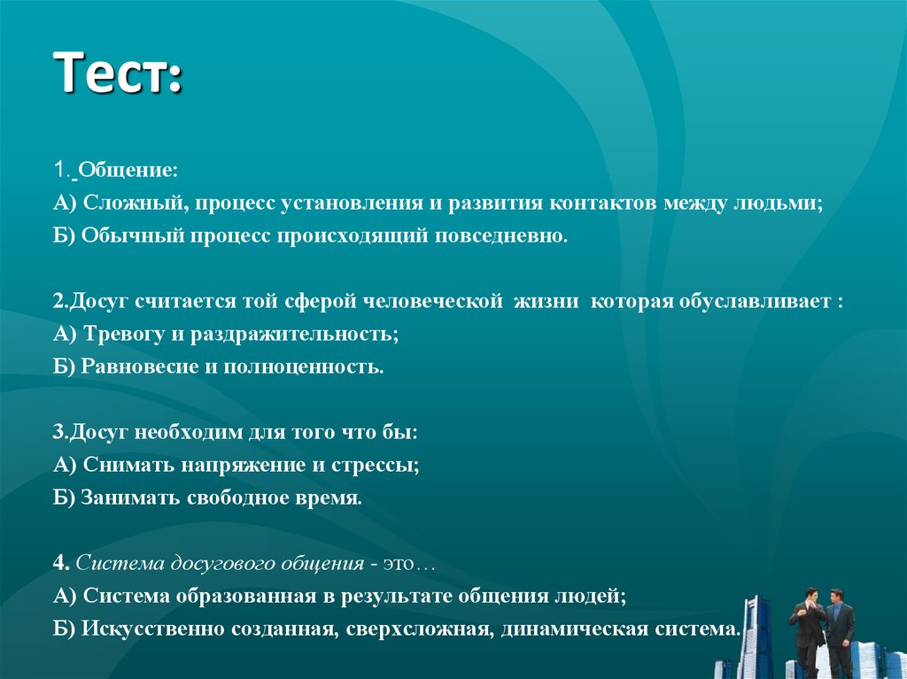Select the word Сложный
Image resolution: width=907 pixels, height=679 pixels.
pos(133,203)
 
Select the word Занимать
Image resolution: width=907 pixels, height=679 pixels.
pos(130,498)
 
